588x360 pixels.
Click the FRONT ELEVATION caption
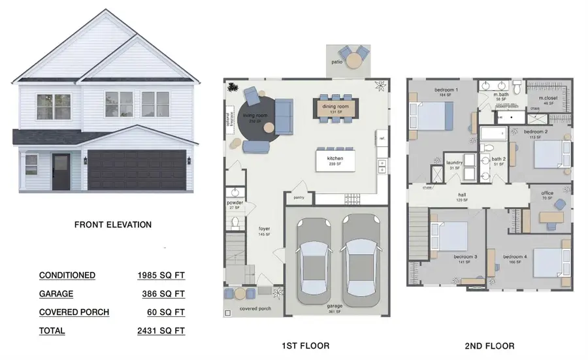tap(113, 225)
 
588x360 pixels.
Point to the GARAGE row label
tap(56, 294)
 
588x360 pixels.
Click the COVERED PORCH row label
tap(74, 312)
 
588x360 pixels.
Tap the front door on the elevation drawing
tap(61, 171)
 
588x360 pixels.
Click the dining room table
tap(335, 108)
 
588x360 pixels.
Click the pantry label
tap(299, 196)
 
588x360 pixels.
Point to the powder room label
tap(235, 203)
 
